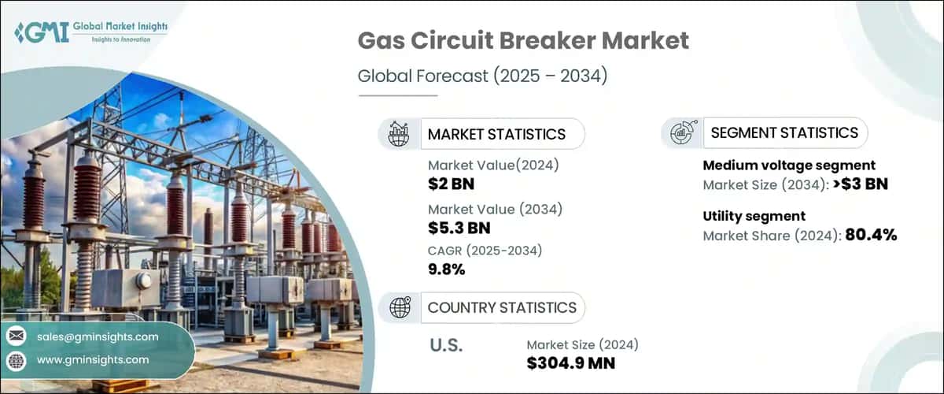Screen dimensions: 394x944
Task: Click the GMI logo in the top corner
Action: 90,32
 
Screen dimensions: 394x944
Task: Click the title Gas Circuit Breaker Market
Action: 523,41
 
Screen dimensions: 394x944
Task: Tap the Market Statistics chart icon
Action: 398,134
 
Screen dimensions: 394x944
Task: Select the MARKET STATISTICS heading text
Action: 496,134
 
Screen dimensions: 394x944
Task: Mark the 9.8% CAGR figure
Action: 446,269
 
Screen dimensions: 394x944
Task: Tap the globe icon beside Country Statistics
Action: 400,307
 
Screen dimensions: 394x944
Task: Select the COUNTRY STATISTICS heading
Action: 502,307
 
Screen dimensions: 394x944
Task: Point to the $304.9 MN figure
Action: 571,363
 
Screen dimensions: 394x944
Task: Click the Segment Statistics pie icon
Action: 681,133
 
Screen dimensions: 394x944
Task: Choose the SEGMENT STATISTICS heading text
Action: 784,133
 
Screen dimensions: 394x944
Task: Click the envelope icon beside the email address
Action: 15,336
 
